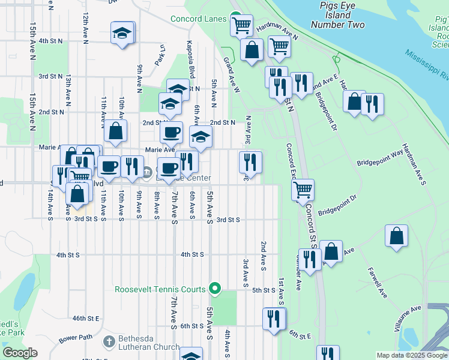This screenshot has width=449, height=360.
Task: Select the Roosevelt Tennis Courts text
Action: coord(160,289)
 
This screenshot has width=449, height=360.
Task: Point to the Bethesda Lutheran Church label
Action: coord(148,342)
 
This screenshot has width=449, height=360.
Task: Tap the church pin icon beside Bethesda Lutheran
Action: coord(109,341)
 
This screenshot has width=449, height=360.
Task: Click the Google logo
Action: coord(20,353)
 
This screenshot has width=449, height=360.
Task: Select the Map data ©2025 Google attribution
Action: coord(411,355)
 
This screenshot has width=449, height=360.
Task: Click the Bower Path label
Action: coord(76,337)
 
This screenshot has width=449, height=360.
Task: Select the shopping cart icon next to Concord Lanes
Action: coord(241,26)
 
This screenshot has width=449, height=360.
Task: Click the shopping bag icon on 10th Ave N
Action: coord(115,130)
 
